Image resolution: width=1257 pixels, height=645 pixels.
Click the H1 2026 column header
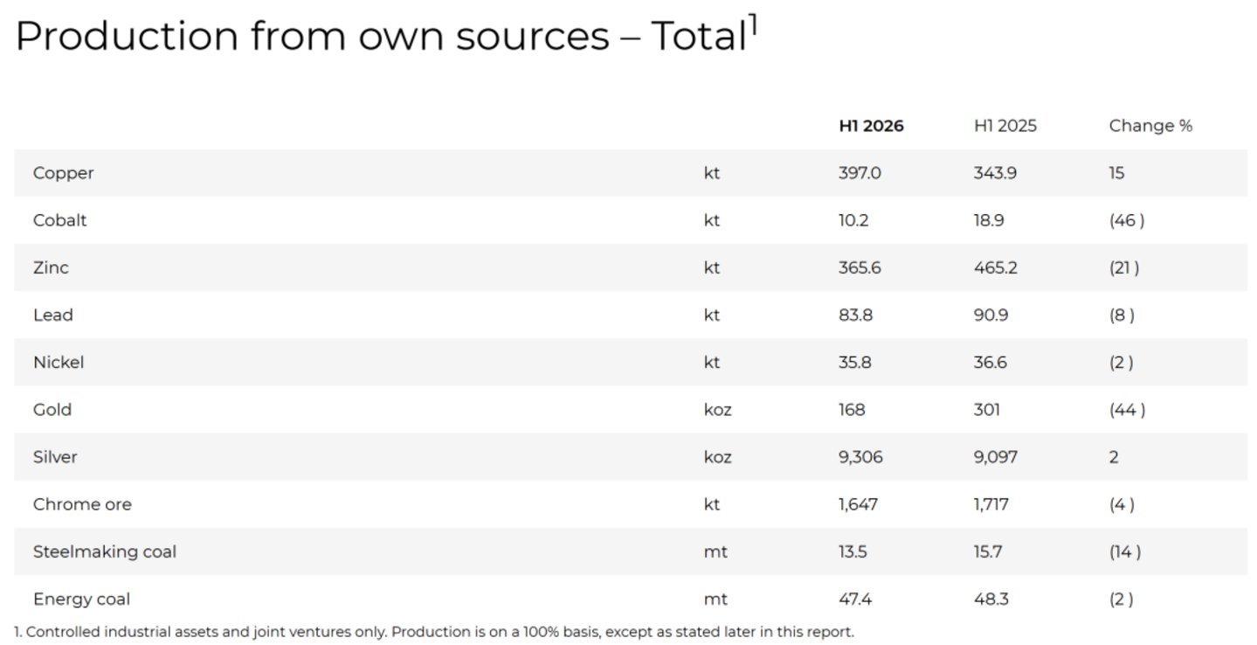pyautogui.click(x=871, y=126)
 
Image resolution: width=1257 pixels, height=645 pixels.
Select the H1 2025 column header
pyautogui.click(x=1005, y=126)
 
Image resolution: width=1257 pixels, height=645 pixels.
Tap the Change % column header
pyautogui.click(x=1150, y=126)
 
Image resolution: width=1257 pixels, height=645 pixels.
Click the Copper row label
pyautogui.click(x=64, y=173)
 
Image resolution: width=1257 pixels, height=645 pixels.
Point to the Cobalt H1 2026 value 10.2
pyautogui.click(x=853, y=220)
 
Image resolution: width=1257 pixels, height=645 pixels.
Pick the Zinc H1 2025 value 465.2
pyautogui.click(x=995, y=267)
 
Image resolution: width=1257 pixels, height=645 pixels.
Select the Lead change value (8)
pyautogui.click(x=1122, y=315)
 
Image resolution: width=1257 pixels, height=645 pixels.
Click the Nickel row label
pyautogui.click(x=59, y=363)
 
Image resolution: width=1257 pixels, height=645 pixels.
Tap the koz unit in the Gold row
pyautogui.click(x=718, y=410)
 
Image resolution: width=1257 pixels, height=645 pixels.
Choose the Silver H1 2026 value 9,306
pyautogui.click(x=860, y=457)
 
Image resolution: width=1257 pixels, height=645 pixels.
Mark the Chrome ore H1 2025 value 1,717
pyautogui.click(x=991, y=504)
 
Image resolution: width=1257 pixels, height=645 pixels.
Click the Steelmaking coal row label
pyautogui.click(x=104, y=552)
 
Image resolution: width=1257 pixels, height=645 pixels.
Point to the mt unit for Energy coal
pyautogui.click(x=715, y=600)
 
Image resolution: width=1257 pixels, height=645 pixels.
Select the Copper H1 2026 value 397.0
pyautogui.click(x=860, y=173)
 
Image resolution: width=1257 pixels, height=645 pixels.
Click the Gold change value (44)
pyautogui.click(x=1127, y=410)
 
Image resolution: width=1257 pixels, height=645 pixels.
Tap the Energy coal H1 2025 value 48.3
pyautogui.click(x=991, y=600)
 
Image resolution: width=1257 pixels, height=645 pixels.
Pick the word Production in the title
pyautogui.click(x=128, y=37)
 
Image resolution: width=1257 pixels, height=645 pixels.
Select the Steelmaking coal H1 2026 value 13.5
pyautogui.click(x=853, y=551)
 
